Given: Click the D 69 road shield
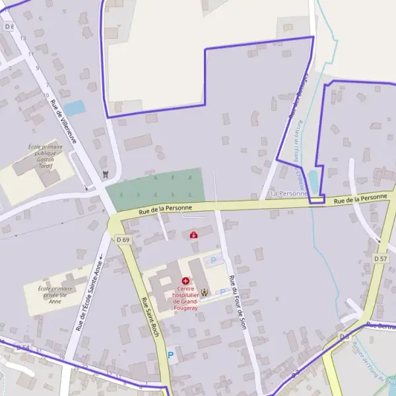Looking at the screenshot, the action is point(123,240).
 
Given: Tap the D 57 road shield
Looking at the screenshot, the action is point(380,259).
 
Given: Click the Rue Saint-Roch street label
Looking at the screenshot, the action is point(150,315).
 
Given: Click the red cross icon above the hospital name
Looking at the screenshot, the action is point(185,281).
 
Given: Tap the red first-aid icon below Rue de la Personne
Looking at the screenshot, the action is point(193,235).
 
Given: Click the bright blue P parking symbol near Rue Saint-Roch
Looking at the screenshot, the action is point(171,355).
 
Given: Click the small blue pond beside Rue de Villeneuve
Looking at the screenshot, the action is point(75,107).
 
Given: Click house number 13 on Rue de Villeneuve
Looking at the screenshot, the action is point(23,39).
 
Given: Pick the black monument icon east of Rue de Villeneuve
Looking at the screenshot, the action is point(105,174).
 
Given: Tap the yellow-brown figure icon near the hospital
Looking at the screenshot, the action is point(205,292).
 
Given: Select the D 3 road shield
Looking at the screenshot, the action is point(344,337).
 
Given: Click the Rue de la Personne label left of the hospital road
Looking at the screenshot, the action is point(165,209).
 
